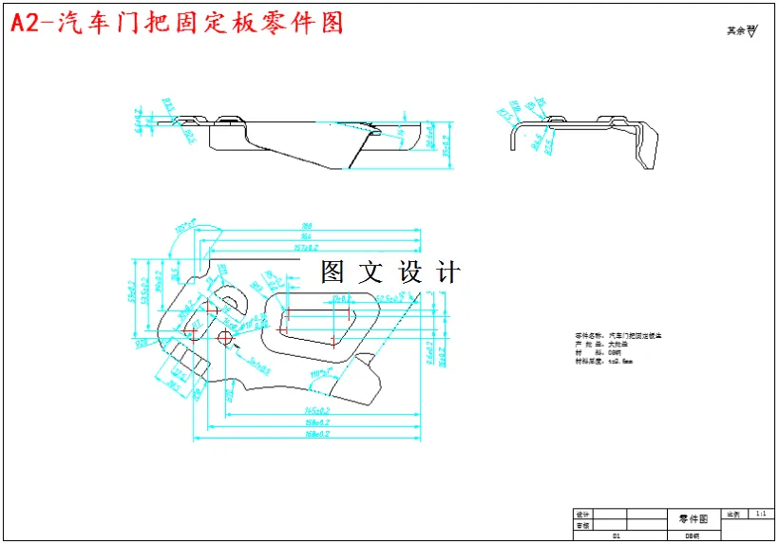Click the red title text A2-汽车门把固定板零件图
177,23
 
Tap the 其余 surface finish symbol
741,30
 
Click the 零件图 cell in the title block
693,519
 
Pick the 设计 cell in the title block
582,515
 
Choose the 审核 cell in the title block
582,525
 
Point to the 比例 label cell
733,514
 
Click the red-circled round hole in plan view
225,338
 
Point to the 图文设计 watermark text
390,272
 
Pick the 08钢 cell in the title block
693,536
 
